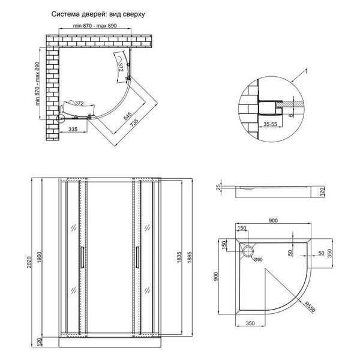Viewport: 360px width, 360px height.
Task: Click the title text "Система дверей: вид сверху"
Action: pyautogui.click(x=98, y=14)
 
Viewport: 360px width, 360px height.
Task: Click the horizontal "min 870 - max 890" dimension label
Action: pyautogui.click(x=95, y=25)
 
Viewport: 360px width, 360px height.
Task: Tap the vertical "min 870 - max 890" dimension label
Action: pyautogui.click(x=37, y=83)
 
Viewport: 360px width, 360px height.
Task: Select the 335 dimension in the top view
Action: pyautogui.click(x=73, y=129)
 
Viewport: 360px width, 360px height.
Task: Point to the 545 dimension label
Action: pyautogui.click(x=128, y=116)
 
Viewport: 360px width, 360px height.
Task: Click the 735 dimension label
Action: pyautogui.click(x=134, y=123)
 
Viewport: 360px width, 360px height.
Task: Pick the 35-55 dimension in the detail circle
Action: pyautogui.click(x=270, y=124)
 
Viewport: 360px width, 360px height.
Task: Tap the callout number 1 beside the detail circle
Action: pyautogui.click(x=306, y=71)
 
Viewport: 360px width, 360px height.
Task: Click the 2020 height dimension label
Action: pyautogui.click(x=29, y=262)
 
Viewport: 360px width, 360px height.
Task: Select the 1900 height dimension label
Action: pyautogui.click(x=39, y=257)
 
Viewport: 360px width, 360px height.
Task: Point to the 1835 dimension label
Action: pyautogui.click(x=179, y=257)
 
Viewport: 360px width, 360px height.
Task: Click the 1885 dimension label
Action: pyautogui.click(x=190, y=257)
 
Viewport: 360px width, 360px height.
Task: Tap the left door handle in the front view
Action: pyautogui.click(x=82, y=257)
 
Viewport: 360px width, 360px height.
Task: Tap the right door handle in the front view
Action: pyautogui.click(x=137, y=257)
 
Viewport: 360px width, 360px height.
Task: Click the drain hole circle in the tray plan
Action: pyautogui.click(x=248, y=251)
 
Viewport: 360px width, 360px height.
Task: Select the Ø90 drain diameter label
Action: pyautogui.click(x=258, y=260)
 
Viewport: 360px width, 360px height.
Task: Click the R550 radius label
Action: pyautogui.click(x=310, y=307)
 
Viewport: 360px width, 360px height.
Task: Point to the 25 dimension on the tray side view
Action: pyautogui.click(x=218, y=187)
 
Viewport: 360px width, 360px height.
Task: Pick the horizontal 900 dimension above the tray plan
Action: pyautogui.click(x=273, y=221)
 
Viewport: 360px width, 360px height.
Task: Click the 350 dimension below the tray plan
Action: pyautogui.click(x=250, y=323)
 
